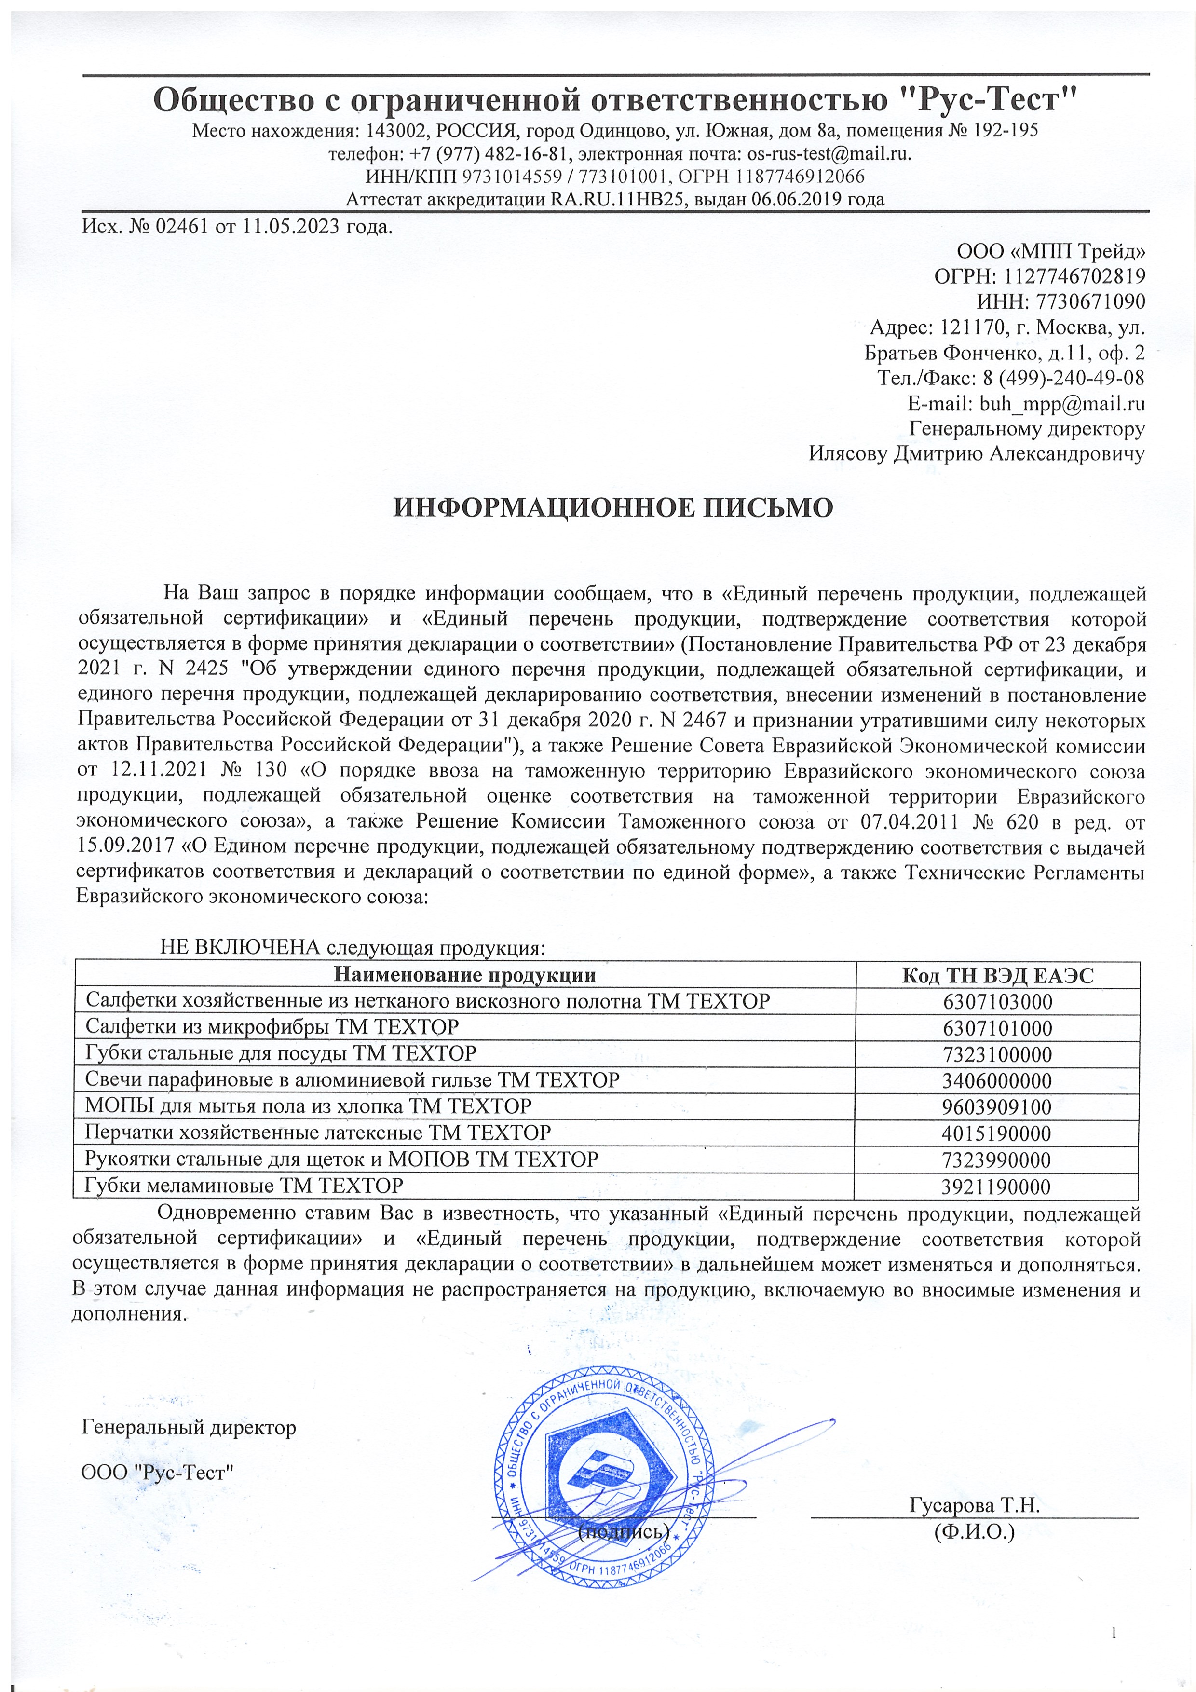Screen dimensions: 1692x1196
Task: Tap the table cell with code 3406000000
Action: click(997, 1081)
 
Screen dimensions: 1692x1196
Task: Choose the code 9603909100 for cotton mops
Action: click(997, 1107)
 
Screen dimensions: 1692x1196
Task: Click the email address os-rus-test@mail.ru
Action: click(829, 154)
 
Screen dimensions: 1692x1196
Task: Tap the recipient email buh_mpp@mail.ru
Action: click(1061, 404)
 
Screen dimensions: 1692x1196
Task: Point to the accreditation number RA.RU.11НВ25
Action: click(614, 200)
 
